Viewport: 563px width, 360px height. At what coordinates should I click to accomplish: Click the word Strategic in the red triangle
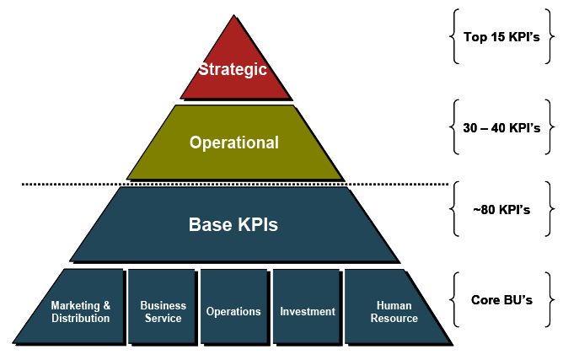point(233,69)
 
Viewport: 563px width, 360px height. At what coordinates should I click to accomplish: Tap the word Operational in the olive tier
point(233,142)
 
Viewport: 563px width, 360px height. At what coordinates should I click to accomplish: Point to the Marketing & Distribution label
point(80,312)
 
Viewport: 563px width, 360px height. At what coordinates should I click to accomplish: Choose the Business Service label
point(163,312)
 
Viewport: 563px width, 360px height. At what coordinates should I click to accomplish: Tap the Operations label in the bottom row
point(233,312)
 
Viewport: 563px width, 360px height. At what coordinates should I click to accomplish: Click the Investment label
point(307,312)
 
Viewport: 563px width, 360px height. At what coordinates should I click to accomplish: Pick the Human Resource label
point(394,312)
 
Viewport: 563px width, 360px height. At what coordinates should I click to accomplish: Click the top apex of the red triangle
point(235,18)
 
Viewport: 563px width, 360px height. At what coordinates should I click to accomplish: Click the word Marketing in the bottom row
point(75,306)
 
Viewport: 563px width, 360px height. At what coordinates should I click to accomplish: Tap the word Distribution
point(80,319)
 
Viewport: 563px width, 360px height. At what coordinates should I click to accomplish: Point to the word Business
point(163,306)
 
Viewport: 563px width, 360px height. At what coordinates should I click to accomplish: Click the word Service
point(163,319)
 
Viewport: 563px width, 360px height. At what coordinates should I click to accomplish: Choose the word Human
point(394,306)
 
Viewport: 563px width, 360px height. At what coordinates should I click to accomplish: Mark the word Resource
point(394,319)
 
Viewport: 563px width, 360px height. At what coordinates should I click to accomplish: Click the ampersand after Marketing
point(106,306)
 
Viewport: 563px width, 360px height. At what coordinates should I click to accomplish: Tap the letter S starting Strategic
point(203,69)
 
